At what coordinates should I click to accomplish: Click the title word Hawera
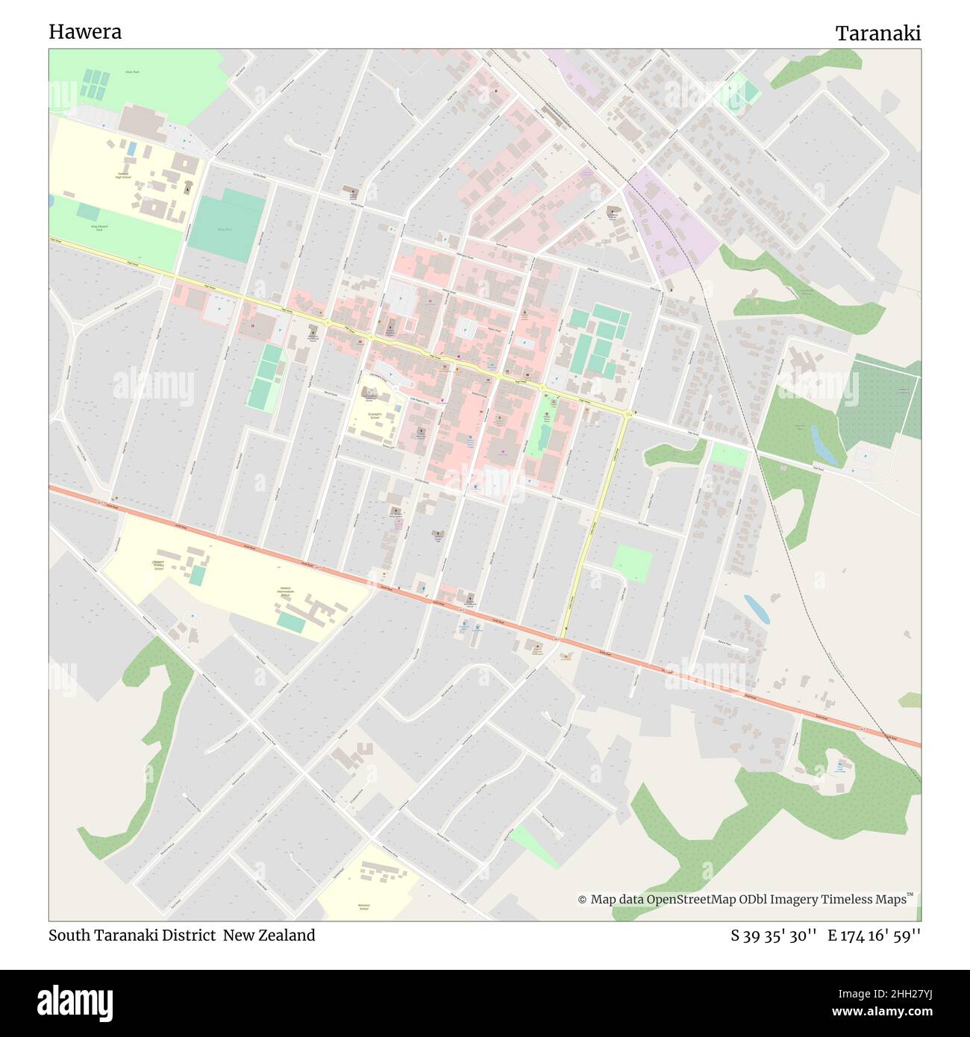(x=85, y=32)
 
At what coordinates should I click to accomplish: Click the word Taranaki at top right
(x=877, y=34)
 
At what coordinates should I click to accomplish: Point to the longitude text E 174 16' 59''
(x=874, y=935)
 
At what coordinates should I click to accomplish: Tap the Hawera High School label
(x=123, y=175)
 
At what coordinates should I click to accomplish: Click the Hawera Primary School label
(x=158, y=565)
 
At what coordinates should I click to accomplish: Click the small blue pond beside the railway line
(x=756, y=608)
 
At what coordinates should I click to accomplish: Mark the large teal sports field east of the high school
(x=227, y=225)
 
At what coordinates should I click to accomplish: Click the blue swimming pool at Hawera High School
(x=131, y=149)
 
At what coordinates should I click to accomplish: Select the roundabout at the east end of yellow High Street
(x=628, y=414)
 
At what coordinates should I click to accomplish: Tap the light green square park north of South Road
(x=632, y=563)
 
